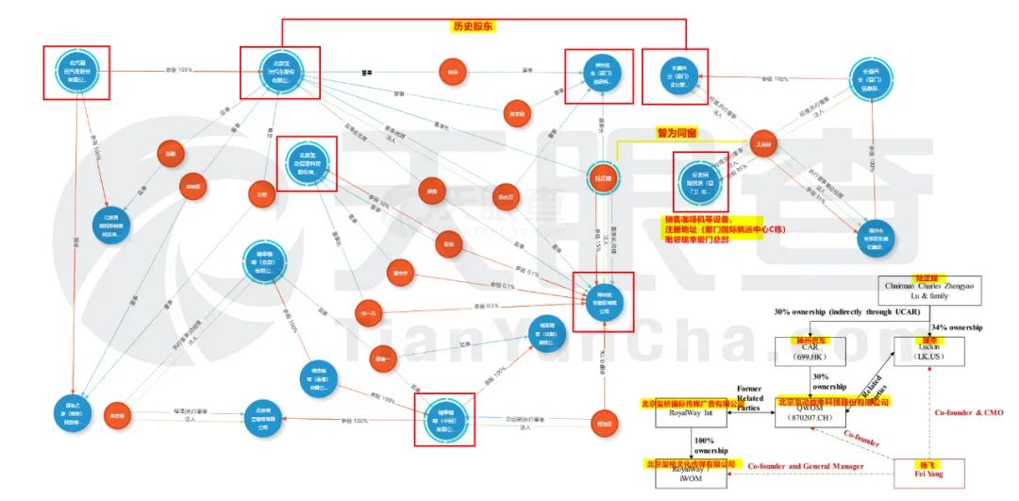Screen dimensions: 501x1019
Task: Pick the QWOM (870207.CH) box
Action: pos(810,417)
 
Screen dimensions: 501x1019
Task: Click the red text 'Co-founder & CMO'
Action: pos(968,412)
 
